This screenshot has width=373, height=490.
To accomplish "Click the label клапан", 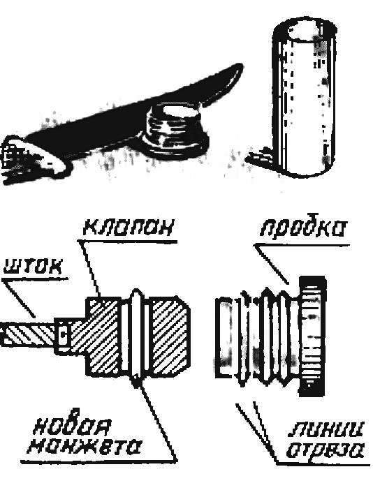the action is [x=128, y=228].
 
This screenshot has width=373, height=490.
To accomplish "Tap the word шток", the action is [x=32, y=267].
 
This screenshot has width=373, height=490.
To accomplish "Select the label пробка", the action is [x=303, y=226].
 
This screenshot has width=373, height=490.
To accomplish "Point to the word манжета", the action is [x=84, y=447].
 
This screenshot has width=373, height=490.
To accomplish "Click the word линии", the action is [x=326, y=431].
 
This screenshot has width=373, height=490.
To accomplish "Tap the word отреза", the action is [x=326, y=450].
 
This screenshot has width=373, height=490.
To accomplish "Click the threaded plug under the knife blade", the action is [x=173, y=130].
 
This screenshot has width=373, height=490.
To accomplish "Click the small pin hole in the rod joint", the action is [x=64, y=335].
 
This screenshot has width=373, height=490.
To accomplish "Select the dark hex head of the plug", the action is [x=313, y=337].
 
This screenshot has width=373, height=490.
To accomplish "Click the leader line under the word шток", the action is [x=20, y=298].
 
